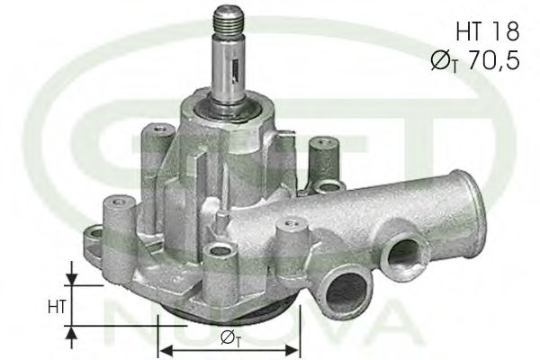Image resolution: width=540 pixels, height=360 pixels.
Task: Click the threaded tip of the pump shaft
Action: point(227,22)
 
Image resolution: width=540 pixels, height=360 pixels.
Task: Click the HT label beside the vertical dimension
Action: point(54,306)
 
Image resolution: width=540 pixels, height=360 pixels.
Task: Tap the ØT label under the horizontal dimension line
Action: point(229,341)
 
